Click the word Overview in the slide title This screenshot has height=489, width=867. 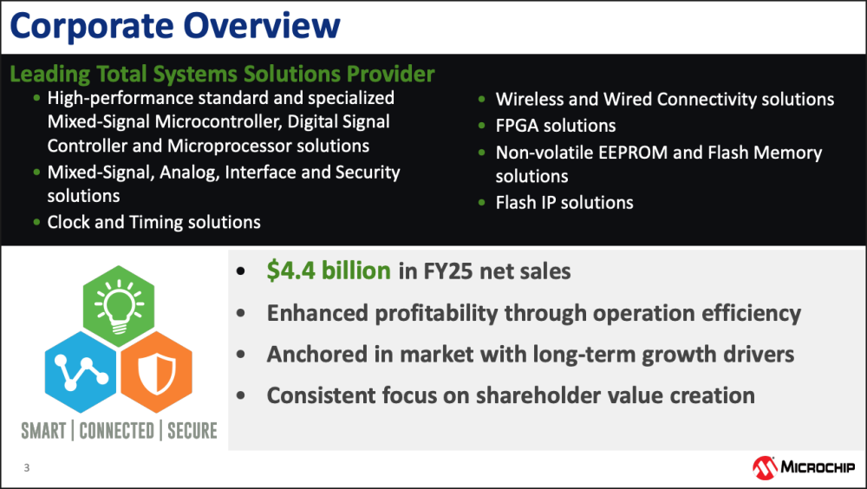[x=262, y=26]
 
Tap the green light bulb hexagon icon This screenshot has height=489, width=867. [x=119, y=306]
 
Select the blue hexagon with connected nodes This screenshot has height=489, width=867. [x=81, y=372]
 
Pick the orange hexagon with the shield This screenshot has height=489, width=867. [x=156, y=372]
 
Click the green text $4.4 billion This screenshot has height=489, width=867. [x=329, y=271]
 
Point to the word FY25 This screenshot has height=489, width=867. [x=448, y=271]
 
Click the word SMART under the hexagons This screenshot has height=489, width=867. [x=43, y=430]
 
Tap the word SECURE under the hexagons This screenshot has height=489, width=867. [x=192, y=430]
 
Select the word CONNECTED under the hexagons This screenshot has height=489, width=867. [x=117, y=430]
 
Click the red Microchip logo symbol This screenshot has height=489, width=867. [x=765, y=468]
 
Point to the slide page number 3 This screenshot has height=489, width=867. [x=27, y=468]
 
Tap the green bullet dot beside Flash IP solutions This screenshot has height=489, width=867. [x=481, y=203]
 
